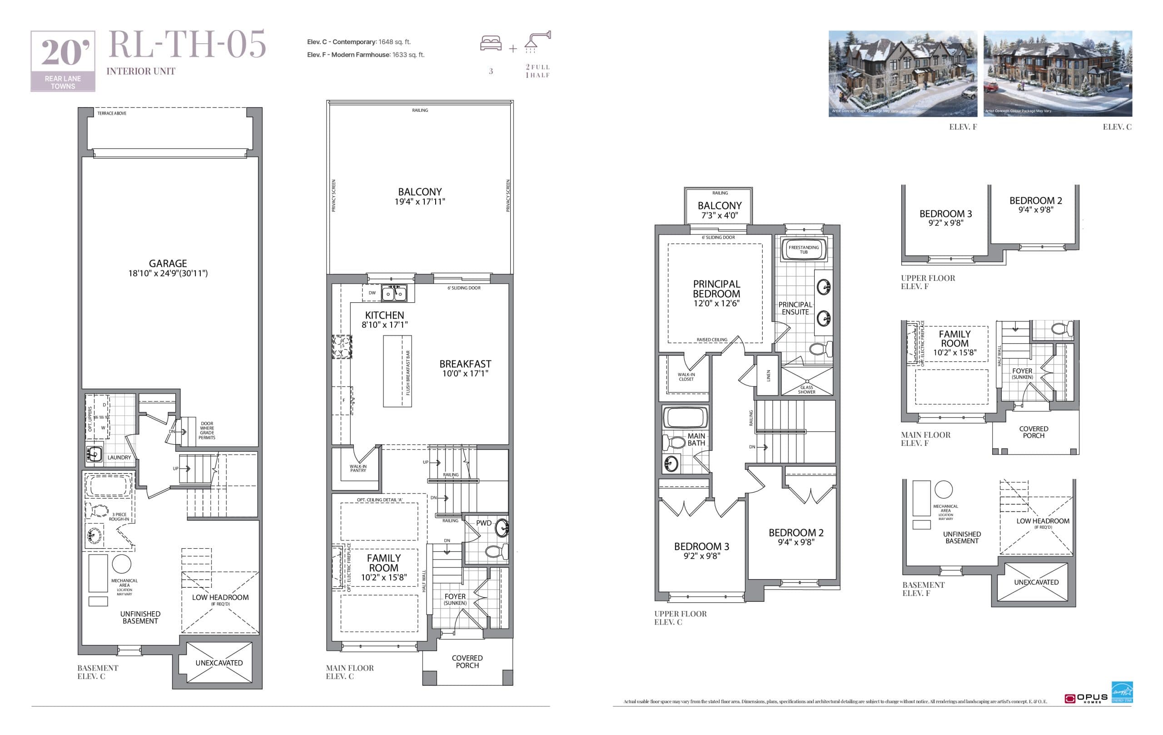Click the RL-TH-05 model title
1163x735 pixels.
(x=187, y=45)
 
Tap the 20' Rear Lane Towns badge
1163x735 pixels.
(x=63, y=61)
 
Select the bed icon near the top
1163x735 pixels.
(x=491, y=43)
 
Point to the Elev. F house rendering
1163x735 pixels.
(x=902, y=74)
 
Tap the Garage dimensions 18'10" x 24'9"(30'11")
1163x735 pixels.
(x=168, y=273)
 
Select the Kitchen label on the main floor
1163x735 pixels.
(x=384, y=315)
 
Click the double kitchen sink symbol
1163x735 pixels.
(x=394, y=293)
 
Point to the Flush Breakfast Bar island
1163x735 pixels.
(x=397, y=371)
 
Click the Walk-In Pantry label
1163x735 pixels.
(x=358, y=468)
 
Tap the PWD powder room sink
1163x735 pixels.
(x=502, y=528)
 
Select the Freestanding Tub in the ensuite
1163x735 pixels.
(x=804, y=250)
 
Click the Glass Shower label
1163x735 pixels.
(x=806, y=390)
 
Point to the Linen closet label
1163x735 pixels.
(x=768, y=375)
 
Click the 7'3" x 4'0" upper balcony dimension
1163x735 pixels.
(x=719, y=215)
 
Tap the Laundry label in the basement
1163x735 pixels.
(x=119, y=457)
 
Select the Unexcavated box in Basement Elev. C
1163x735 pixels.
(x=219, y=663)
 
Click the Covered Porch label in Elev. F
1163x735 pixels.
(x=1033, y=432)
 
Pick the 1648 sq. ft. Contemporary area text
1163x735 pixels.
(x=394, y=42)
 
